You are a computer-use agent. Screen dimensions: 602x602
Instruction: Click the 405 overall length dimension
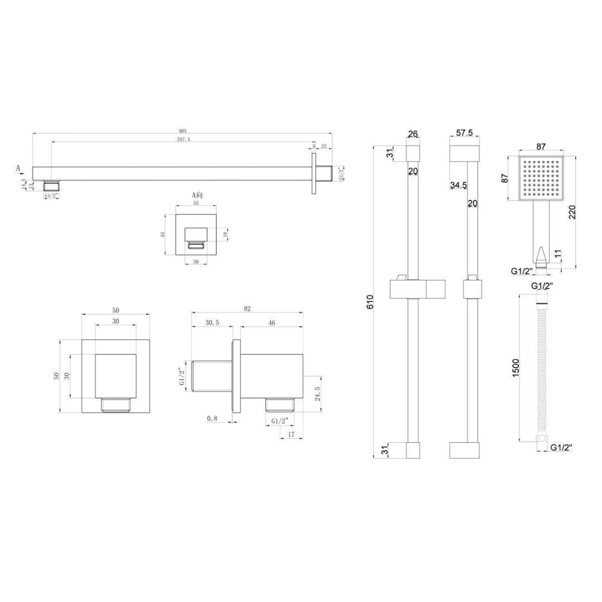[182, 131]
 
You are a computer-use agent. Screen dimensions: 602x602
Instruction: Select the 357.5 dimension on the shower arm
[182, 139]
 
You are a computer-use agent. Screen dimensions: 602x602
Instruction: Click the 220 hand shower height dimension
[573, 212]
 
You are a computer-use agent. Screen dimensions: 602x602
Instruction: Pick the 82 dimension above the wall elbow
[247, 309]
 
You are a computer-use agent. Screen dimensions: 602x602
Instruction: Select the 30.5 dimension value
[212, 323]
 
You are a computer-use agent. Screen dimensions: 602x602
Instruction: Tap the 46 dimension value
[272, 323]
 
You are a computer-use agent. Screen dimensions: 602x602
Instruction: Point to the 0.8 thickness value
[212, 418]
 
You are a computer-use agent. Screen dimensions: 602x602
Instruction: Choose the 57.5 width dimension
[464, 133]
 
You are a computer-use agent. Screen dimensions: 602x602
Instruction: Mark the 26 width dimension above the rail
[412, 134]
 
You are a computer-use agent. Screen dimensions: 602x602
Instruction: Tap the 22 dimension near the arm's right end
[324, 147]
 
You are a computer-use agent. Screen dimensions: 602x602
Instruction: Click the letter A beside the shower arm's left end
[18, 167]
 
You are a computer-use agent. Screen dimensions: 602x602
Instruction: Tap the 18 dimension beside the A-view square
[224, 234]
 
